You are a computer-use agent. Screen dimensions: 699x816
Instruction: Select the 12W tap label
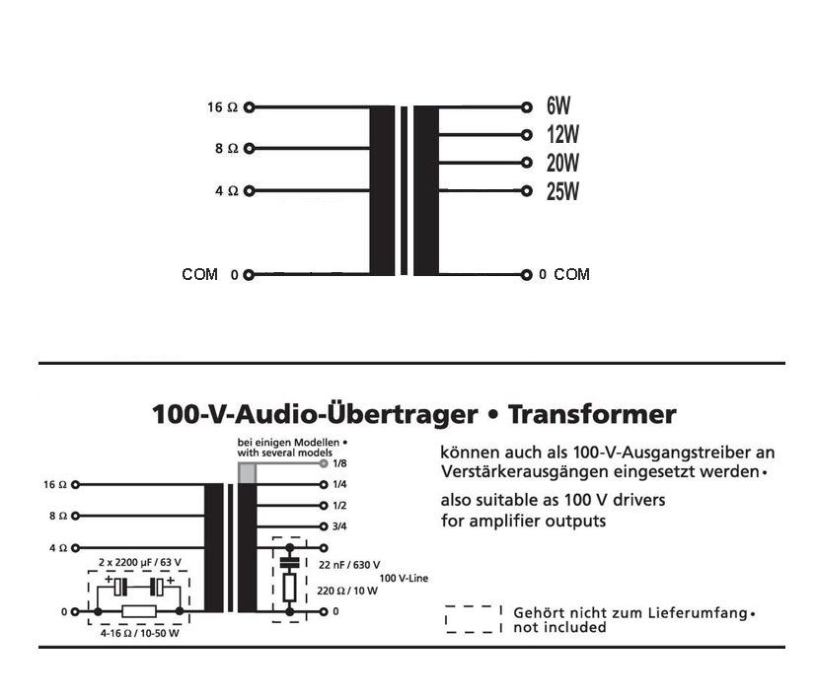point(561,136)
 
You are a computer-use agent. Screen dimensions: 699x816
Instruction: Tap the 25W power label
point(562,191)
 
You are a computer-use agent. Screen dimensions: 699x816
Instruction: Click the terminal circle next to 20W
point(526,164)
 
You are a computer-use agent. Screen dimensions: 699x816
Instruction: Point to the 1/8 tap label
point(339,462)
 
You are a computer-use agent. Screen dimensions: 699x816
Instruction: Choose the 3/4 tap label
point(339,526)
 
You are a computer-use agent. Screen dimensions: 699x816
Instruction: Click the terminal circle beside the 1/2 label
point(323,506)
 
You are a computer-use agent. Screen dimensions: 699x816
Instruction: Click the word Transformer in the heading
point(592,414)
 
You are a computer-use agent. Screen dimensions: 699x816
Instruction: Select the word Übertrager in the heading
point(400,414)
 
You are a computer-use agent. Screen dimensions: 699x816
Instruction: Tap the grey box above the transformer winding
point(248,473)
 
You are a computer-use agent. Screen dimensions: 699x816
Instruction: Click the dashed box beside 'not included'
point(474,619)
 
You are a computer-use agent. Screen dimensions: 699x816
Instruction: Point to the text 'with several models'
point(278,452)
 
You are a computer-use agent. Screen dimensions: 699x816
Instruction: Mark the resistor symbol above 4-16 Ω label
point(139,612)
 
